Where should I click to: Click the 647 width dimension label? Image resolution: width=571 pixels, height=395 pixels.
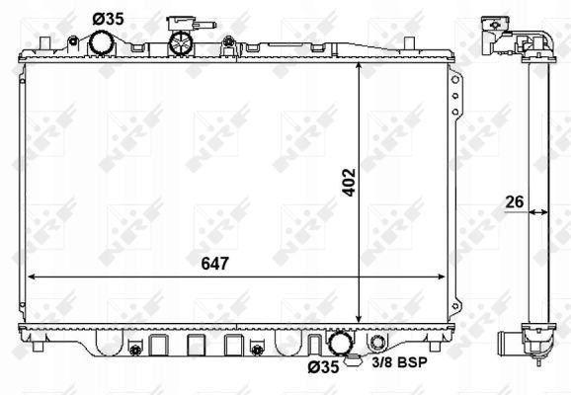(x=214, y=264)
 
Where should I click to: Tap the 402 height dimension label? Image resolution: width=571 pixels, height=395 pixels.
(x=350, y=183)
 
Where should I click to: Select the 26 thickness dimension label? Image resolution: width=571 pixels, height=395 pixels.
(x=515, y=201)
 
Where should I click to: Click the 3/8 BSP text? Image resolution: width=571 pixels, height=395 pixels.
(x=399, y=362)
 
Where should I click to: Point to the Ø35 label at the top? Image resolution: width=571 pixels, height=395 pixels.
(x=108, y=19)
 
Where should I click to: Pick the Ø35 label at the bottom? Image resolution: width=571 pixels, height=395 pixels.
(x=323, y=367)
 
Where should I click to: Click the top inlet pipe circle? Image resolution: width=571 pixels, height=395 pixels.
(x=101, y=43)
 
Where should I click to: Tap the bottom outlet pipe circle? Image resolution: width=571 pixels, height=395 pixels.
(x=341, y=343)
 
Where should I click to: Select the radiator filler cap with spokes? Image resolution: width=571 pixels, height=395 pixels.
(x=180, y=43)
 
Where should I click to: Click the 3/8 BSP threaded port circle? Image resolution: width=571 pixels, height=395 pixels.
(x=377, y=343)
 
